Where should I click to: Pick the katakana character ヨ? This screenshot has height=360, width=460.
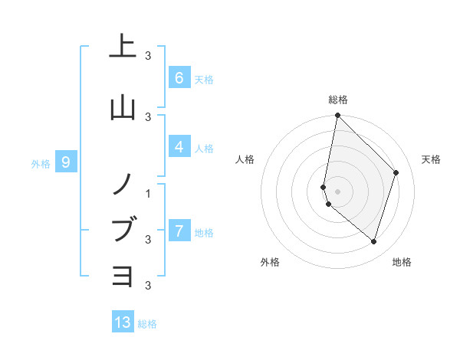[x=123, y=274]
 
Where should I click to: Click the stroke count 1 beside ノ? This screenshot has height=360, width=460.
[x=149, y=193]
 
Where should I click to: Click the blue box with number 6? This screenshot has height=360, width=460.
[x=179, y=77]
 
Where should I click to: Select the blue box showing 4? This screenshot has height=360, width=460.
[x=179, y=147]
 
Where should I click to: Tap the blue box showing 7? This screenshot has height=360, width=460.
[x=179, y=231]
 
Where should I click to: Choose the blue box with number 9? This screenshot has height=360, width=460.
[x=66, y=162]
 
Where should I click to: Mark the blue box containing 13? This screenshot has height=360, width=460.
[x=123, y=322]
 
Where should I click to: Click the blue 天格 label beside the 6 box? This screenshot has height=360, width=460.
[x=204, y=79]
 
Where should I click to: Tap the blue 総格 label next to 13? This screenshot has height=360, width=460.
[x=147, y=324]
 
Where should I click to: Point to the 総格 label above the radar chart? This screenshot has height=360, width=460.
[x=338, y=100]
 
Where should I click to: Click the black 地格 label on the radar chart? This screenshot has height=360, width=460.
[x=402, y=262]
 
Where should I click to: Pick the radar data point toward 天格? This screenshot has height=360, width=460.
[x=396, y=172]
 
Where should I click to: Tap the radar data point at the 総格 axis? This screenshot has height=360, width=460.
[x=337, y=115]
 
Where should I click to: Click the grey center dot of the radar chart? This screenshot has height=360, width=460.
[x=337, y=191]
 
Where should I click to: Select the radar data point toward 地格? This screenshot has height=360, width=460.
[x=373, y=241]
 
